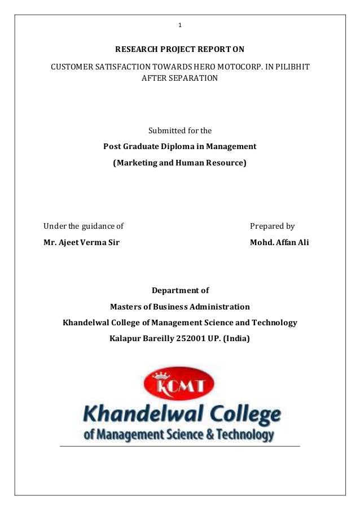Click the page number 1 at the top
(180, 25)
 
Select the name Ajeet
(70, 243)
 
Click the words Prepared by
(272, 226)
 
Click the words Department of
(180, 291)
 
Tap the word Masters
(126, 307)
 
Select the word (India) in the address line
(237, 339)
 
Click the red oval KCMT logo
(179, 384)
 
